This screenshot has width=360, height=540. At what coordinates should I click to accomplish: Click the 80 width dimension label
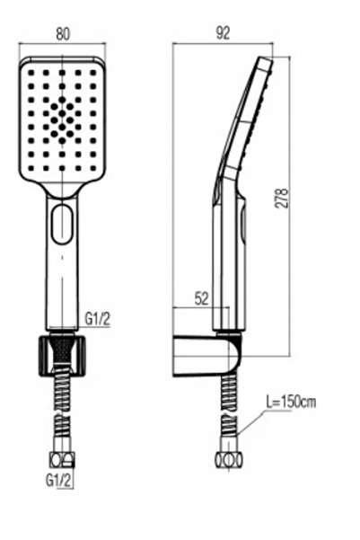coord(63,33)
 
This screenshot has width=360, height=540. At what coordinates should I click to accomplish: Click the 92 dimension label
coord(223,33)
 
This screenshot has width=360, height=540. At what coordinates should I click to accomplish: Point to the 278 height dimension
coord(282,198)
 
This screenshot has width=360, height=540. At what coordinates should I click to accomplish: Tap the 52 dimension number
coord(202,298)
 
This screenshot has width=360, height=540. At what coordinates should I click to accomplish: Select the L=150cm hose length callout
coord(291,402)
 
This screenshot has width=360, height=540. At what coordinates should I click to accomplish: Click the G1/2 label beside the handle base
coord(97,319)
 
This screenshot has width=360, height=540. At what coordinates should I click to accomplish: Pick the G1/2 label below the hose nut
coord(59,481)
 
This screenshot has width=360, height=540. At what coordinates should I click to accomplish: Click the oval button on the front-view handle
coord(62,225)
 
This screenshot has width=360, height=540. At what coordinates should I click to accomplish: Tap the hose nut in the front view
coord(62,460)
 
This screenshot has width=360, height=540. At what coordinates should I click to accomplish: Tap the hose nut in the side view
coord(229,460)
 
